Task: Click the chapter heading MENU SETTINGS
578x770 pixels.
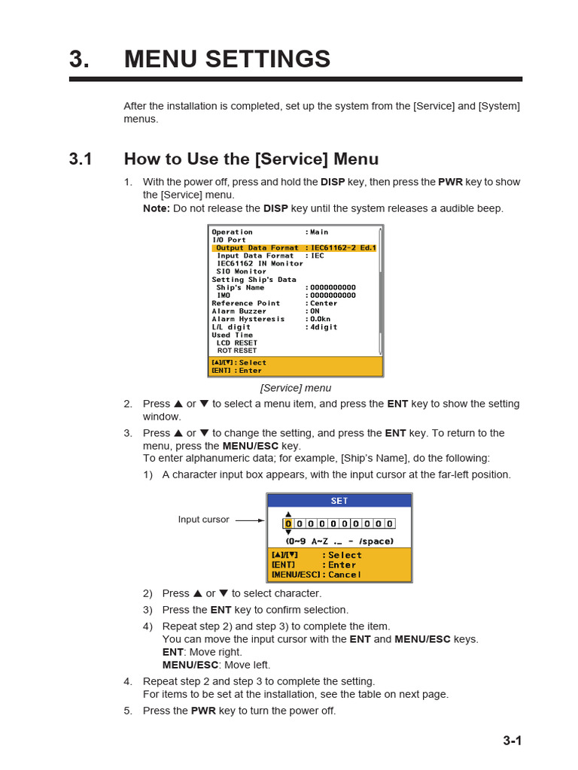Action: point(227,59)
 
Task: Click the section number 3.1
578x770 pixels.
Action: point(81,159)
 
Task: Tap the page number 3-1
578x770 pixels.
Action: point(512,741)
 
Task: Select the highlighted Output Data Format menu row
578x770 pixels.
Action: point(295,248)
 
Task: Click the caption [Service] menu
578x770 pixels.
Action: point(295,388)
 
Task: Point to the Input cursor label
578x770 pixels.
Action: point(203,520)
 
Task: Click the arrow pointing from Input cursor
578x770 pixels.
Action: point(250,520)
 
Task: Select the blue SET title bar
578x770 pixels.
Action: point(339,501)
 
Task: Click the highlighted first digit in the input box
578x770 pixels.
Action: point(287,523)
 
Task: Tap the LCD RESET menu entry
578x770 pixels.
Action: point(236,343)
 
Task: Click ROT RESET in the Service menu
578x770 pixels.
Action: point(236,350)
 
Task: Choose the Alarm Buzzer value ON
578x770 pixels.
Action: point(315,311)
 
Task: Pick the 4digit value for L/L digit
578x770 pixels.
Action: point(324,327)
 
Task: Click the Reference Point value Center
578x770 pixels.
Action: point(324,304)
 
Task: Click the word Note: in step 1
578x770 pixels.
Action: point(157,208)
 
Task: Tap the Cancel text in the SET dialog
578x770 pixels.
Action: point(344,574)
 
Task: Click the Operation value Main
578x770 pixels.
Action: point(318,232)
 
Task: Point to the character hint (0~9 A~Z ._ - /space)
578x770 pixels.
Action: point(339,541)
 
